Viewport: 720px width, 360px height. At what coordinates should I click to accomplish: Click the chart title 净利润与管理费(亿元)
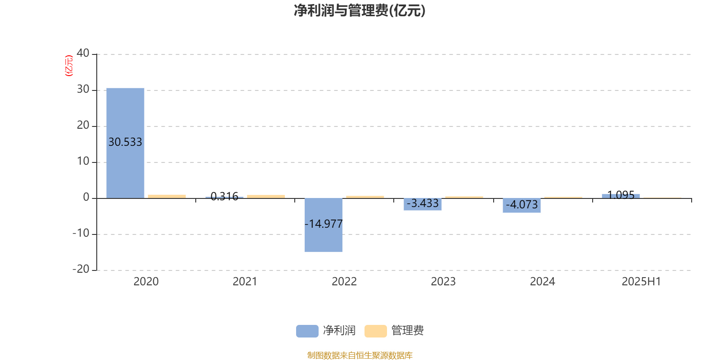(360, 11)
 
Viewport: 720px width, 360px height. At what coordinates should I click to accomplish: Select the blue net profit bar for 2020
(126, 143)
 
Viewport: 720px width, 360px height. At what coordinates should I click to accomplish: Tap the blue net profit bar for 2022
(324, 225)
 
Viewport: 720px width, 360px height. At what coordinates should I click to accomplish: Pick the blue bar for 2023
(423, 204)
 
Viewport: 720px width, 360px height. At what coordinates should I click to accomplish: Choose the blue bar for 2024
(522, 205)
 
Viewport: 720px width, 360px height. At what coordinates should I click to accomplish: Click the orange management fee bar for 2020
(167, 196)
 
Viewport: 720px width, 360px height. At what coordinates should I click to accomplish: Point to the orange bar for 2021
(266, 197)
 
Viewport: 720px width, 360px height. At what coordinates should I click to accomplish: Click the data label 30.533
(126, 142)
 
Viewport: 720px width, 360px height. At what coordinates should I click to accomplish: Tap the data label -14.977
(324, 224)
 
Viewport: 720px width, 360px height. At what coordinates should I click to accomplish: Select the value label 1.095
(621, 195)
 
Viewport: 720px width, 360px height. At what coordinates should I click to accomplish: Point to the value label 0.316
(225, 196)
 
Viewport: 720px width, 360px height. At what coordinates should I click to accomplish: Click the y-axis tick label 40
(83, 53)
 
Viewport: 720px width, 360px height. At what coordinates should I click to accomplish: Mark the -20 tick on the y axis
(81, 269)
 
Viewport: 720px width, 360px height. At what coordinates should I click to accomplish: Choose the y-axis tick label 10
(83, 161)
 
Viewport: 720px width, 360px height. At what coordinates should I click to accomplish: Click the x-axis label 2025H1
(641, 282)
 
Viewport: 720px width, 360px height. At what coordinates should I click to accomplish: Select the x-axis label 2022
(344, 282)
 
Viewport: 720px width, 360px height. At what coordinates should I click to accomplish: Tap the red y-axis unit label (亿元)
(69, 66)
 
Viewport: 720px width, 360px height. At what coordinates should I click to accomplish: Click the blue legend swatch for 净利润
(307, 331)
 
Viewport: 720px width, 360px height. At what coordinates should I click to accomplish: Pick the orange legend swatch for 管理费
(375, 331)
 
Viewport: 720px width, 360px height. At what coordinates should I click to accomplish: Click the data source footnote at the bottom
(360, 355)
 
